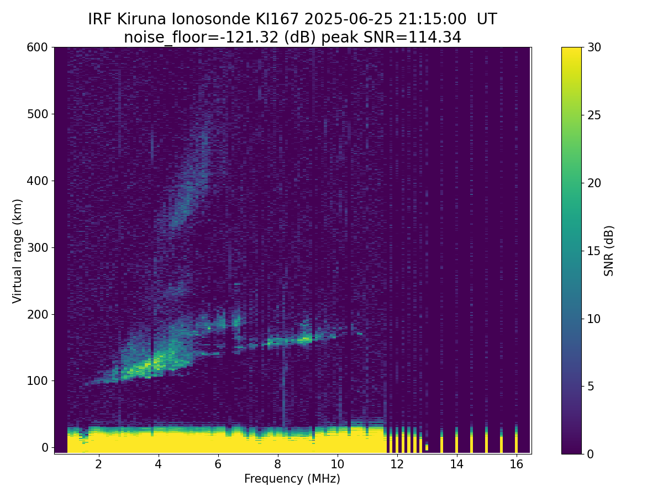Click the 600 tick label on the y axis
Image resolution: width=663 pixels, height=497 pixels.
[37, 47]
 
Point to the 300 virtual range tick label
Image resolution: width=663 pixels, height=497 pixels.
[37, 248]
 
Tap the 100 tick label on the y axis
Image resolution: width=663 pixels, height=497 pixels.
[37, 381]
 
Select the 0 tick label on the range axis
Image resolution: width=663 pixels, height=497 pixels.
[45, 447]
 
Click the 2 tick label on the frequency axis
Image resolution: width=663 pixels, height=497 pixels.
[98, 464]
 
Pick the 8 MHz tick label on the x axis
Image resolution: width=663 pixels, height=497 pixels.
[277, 464]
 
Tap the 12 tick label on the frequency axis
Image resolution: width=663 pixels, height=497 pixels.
[397, 464]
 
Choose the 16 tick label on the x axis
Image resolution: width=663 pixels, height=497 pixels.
[516, 464]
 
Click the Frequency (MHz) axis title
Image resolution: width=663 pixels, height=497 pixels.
[292, 479]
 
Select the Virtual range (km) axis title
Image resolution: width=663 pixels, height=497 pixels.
[17, 251]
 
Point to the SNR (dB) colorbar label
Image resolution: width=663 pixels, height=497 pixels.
[608, 251]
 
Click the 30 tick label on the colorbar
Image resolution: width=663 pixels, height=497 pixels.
[594, 47]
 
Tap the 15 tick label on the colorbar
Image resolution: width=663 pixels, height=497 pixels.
[594, 251]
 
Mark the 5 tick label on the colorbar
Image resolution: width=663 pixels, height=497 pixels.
[591, 386]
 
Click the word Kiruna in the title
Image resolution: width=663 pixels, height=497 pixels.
[141, 19]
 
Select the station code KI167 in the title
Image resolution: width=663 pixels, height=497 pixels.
[277, 19]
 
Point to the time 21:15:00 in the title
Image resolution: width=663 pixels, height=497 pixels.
[432, 19]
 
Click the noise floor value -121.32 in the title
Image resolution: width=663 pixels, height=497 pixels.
[251, 38]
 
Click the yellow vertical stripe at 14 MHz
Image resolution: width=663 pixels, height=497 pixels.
[456, 440]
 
